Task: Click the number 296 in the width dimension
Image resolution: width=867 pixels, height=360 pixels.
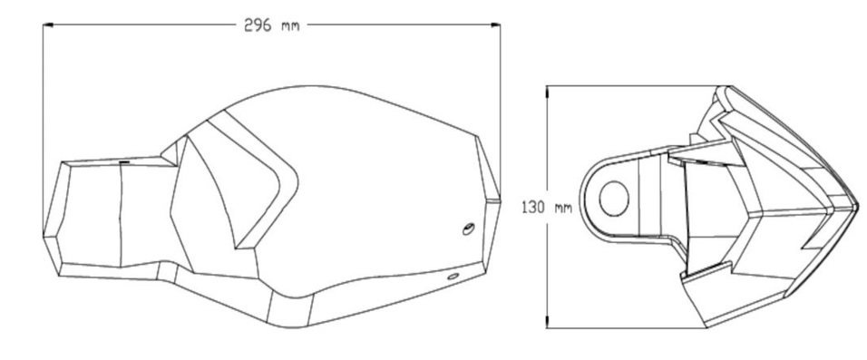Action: (258, 25)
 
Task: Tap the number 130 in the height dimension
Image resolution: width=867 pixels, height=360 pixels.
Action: (533, 208)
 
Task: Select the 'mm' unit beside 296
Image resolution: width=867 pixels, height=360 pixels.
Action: (290, 26)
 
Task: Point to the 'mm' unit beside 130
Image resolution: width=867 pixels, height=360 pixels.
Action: (563, 209)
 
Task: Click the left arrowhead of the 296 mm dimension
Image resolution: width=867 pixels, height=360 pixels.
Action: (47, 24)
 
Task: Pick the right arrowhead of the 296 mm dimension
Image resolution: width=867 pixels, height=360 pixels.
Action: (495, 24)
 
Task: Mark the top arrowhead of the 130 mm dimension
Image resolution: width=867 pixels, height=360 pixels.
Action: (547, 91)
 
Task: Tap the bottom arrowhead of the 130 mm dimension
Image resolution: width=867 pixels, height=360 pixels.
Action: (547, 323)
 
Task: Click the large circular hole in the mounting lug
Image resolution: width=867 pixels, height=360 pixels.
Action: (614, 198)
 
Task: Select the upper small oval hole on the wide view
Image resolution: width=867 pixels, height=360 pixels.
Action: (469, 229)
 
